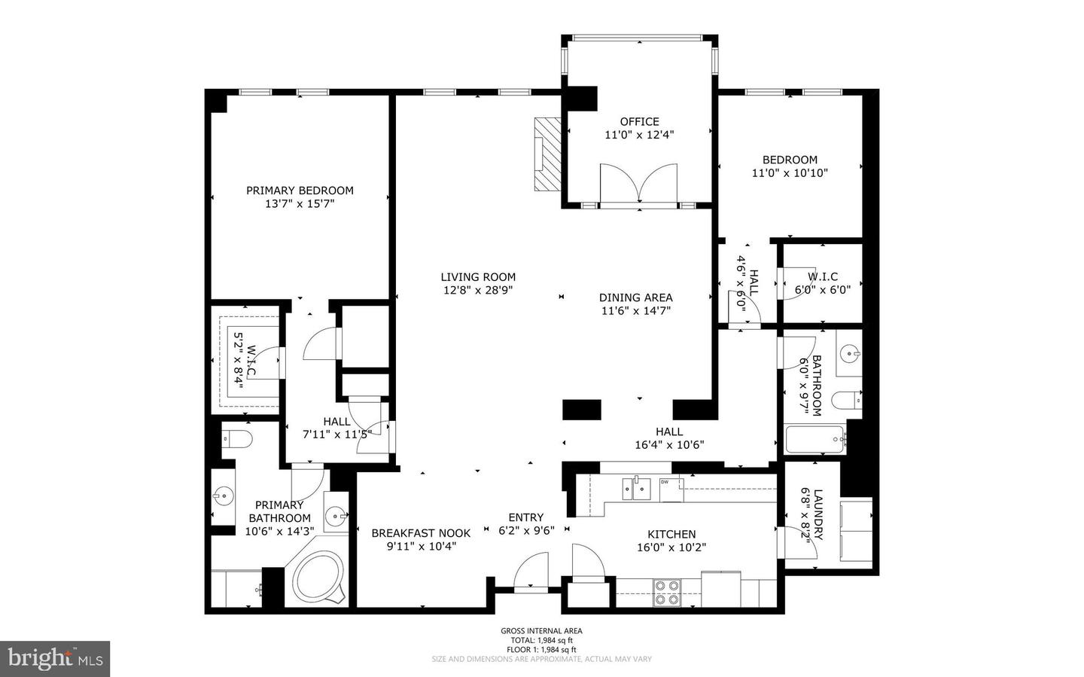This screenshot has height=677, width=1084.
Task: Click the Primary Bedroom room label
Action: pyautogui.click(x=300, y=191)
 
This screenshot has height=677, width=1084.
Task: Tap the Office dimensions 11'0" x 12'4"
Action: pyautogui.click(x=639, y=136)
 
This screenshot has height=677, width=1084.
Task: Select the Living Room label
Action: pyautogui.click(x=478, y=277)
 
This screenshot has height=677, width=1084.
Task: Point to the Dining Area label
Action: pyautogui.click(x=635, y=297)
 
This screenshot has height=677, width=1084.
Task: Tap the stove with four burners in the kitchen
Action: pyautogui.click(x=665, y=592)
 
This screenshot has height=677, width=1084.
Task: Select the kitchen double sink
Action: pyautogui.click(x=636, y=487)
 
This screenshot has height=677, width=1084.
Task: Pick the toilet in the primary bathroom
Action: pyautogui.click(x=237, y=438)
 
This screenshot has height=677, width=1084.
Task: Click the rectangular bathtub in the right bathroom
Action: pyautogui.click(x=815, y=439)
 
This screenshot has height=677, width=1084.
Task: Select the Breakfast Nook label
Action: pyautogui.click(x=421, y=533)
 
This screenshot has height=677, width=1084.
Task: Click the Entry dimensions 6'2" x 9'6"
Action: pyautogui.click(x=526, y=530)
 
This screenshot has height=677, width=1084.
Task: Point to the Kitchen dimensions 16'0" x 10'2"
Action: pyautogui.click(x=671, y=547)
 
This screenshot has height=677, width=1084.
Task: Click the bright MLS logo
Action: pyautogui.click(x=55, y=659)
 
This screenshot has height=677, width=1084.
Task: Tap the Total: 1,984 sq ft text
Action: pyautogui.click(x=541, y=640)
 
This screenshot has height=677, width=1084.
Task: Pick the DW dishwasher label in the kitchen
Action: pyautogui.click(x=665, y=482)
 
